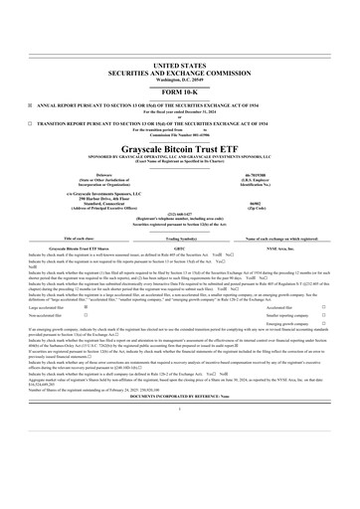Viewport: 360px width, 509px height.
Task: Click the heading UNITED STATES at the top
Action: (179, 63)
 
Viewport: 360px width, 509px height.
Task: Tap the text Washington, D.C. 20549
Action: (179, 77)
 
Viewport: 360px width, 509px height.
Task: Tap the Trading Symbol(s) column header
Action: (179, 239)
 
